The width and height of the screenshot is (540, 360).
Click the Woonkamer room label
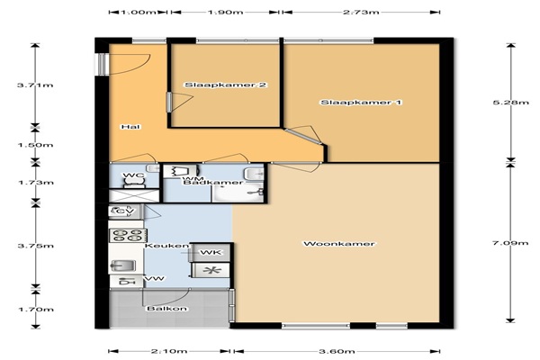[339, 244]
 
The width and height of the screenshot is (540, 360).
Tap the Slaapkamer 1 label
[361, 103]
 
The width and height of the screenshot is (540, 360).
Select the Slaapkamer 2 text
[226, 85]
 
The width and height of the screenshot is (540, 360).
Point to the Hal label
[131, 127]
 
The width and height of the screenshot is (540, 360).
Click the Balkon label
[167, 309]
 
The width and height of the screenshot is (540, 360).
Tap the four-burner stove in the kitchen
[126, 235]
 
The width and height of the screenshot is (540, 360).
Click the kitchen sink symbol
[123, 266]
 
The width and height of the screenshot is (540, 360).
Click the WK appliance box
[211, 253]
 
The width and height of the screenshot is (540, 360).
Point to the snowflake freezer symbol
[211, 270]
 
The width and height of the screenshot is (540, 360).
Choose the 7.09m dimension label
[510, 243]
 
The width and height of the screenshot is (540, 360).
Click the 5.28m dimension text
[510, 103]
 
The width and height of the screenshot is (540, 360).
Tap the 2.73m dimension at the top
[361, 12]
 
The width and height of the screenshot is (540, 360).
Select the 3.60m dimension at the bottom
[337, 351]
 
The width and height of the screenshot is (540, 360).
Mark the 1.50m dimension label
[35, 145]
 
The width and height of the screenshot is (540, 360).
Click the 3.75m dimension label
[35, 246]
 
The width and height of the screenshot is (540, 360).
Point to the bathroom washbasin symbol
[254, 174]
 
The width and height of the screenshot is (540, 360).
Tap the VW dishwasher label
[156, 278]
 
